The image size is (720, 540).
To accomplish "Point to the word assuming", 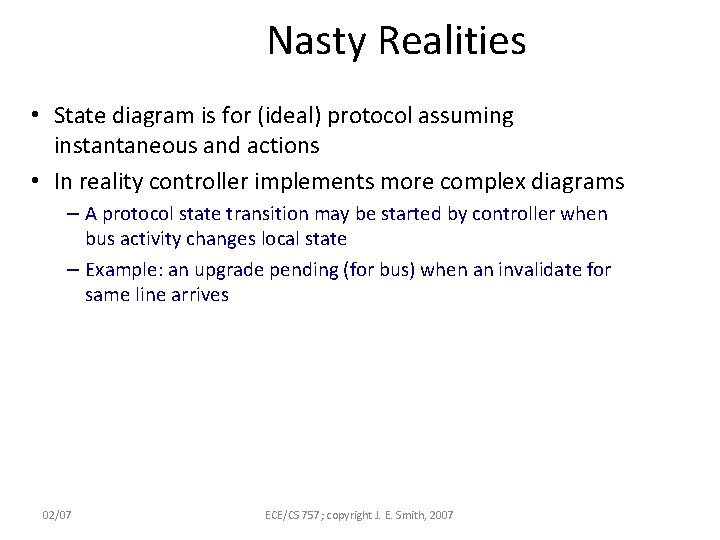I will [x=466, y=116].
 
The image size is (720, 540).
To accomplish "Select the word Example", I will [x=120, y=270].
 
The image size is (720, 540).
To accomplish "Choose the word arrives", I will [x=198, y=295].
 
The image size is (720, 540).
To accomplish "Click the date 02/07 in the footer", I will [x=57, y=514].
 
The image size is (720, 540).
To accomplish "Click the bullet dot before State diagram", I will [x=35, y=117].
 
